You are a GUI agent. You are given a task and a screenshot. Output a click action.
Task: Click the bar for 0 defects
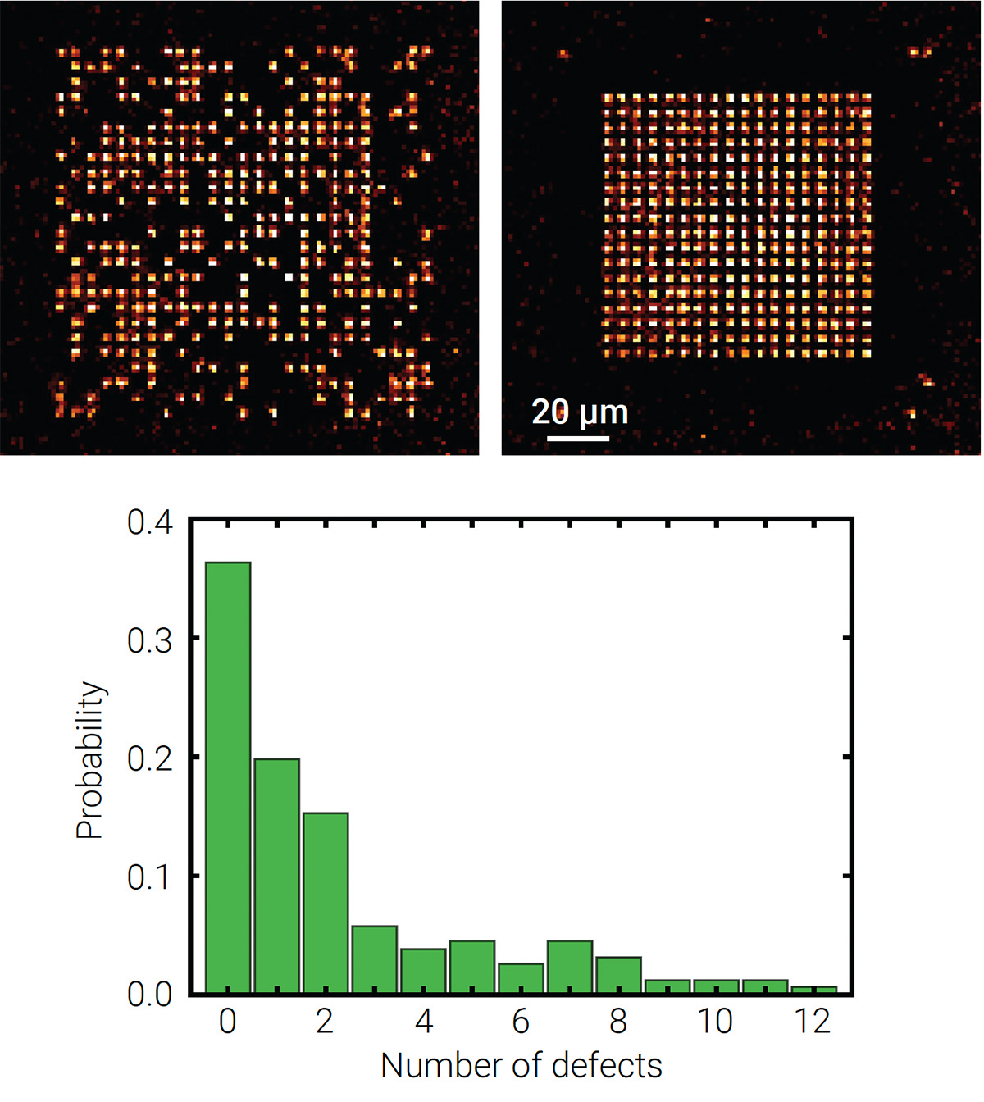point(228,777)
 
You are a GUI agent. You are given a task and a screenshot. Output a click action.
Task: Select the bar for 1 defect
point(276,876)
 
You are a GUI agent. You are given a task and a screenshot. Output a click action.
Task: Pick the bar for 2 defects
point(326,903)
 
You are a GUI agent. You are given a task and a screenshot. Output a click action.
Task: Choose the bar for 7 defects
point(570,967)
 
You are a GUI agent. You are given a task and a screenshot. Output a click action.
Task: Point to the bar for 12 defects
point(814,990)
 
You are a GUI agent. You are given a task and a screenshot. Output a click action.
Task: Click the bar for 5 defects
point(472,967)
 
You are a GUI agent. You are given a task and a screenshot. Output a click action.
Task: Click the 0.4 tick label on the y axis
point(150,522)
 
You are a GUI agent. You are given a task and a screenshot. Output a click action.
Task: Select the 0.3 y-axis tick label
point(150,640)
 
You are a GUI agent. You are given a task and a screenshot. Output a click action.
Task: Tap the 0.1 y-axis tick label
point(150,877)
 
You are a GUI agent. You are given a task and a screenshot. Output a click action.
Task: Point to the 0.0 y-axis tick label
point(150,995)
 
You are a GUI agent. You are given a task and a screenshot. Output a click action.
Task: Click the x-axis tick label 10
point(715,1022)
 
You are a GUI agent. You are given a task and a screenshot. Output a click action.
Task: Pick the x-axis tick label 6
point(521,1022)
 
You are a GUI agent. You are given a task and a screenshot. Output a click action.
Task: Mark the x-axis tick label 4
point(423,1022)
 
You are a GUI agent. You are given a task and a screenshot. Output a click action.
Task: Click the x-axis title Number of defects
point(522,1066)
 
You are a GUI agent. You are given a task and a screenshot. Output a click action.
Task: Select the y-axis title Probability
point(90,759)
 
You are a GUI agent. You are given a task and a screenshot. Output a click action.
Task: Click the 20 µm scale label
point(580,412)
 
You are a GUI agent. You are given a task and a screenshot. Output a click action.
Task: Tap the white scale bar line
point(578,439)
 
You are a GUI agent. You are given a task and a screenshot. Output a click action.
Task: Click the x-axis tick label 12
point(813,1022)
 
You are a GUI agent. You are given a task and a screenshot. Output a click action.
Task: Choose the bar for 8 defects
point(619,975)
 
